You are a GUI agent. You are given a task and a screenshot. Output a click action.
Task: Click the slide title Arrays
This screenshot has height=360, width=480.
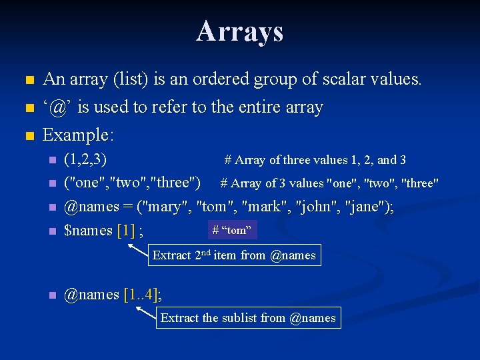tap(240, 31)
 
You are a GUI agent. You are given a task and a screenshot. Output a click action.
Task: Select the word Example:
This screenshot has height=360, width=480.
tap(78, 135)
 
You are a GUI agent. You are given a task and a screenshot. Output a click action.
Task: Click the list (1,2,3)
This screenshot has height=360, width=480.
tap(85, 159)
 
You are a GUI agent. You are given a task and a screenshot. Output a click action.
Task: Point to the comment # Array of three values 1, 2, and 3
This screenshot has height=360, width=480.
tap(315, 160)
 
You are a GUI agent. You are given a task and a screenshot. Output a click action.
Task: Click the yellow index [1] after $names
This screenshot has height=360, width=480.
tap(125, 231)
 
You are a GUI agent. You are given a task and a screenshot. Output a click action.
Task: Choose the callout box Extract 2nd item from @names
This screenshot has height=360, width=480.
tap(234, 255)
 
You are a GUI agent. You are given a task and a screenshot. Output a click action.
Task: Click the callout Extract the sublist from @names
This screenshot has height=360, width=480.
tap(248, 318)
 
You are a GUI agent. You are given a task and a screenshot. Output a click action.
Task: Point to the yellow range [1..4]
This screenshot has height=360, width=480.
tap(141, 295)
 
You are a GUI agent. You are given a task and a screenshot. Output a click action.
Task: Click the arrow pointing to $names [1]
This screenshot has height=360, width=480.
tap(138, 249)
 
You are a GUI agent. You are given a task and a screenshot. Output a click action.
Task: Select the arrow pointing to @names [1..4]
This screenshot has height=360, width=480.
tap(145, 311)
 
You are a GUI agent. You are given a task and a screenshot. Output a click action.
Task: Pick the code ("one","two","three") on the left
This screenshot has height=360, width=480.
tap(132, 183)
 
